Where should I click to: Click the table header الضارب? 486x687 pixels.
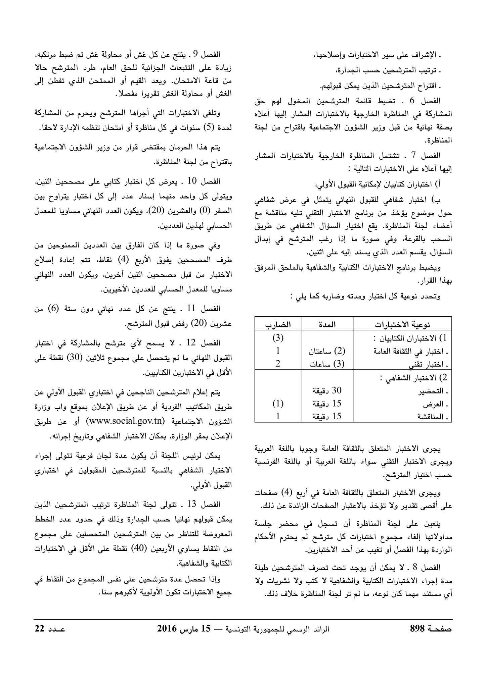pyautogui.click(x=278, y=324)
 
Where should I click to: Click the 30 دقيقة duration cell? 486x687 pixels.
pyautogui.click(x=327, y=390)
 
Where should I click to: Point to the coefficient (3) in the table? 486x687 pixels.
pyautogui.click(x=278, y=338)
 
